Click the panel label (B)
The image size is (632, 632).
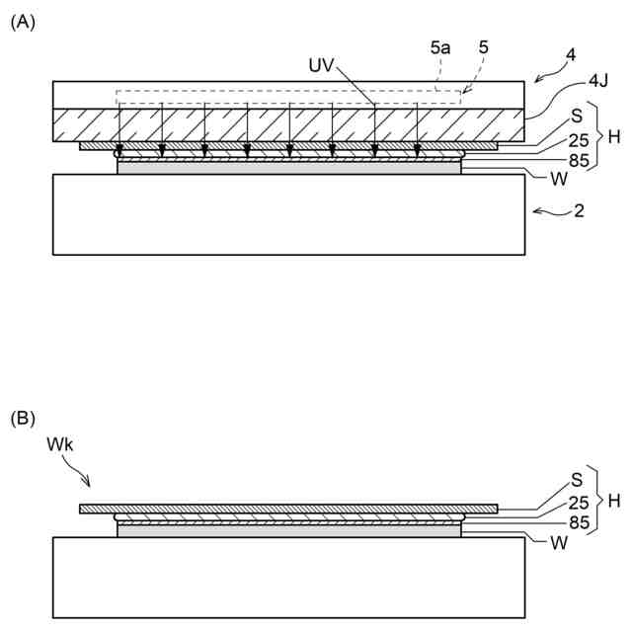pos(23,419)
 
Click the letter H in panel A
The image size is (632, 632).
pos(613,136)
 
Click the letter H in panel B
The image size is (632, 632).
pos(613,502)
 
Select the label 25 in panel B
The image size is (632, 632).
pos(579,504)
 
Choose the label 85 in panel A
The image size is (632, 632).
pos(579,158)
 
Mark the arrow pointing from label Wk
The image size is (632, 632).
pos(80,475)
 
